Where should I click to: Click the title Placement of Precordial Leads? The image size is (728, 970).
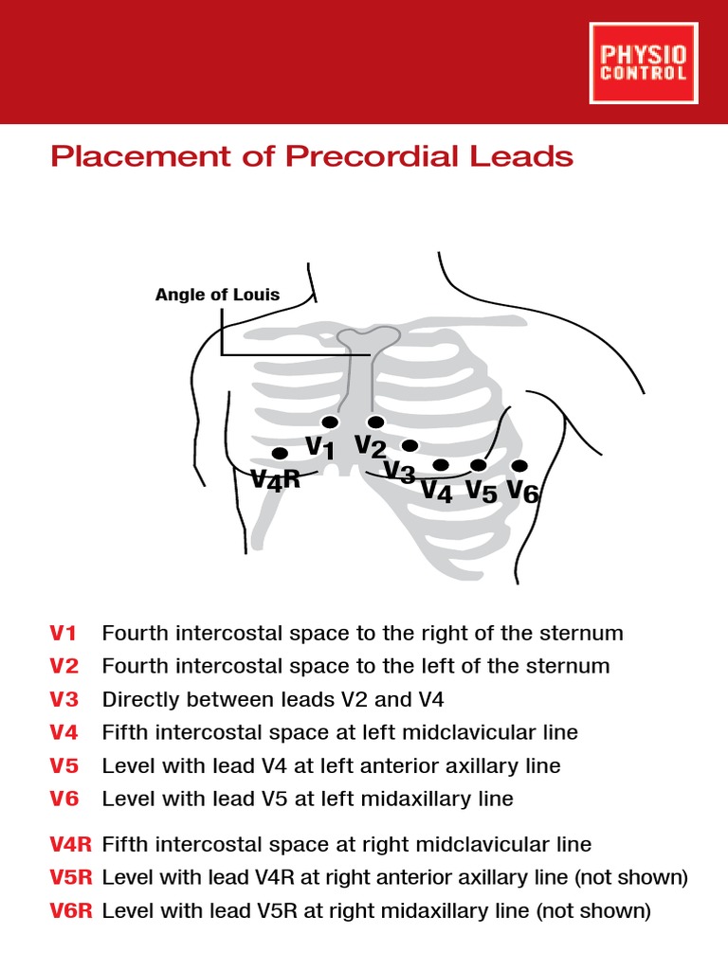coord(312,156)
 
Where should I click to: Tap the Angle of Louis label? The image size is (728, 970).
coord(217,295)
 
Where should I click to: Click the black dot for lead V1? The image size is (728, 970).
coord(330,422)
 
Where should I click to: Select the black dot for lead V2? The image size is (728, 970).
coord(376,422)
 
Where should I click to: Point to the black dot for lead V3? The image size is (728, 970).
coord(409,445)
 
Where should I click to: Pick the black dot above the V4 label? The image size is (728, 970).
coord(441,465)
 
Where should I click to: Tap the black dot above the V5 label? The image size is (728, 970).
coord(479,465)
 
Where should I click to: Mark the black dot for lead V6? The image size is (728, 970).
coord(519,465)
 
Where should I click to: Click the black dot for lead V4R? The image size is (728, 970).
coord(280,454)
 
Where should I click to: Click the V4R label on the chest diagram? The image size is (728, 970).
coord(275,480)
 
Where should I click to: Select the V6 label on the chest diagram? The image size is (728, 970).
coord(522,491)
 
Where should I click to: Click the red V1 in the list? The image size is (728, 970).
coord(64,633)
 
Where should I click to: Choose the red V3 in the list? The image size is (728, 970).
coord(64,700)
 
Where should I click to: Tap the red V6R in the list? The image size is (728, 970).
coord(70,911)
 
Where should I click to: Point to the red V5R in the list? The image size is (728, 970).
coord(70,877)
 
